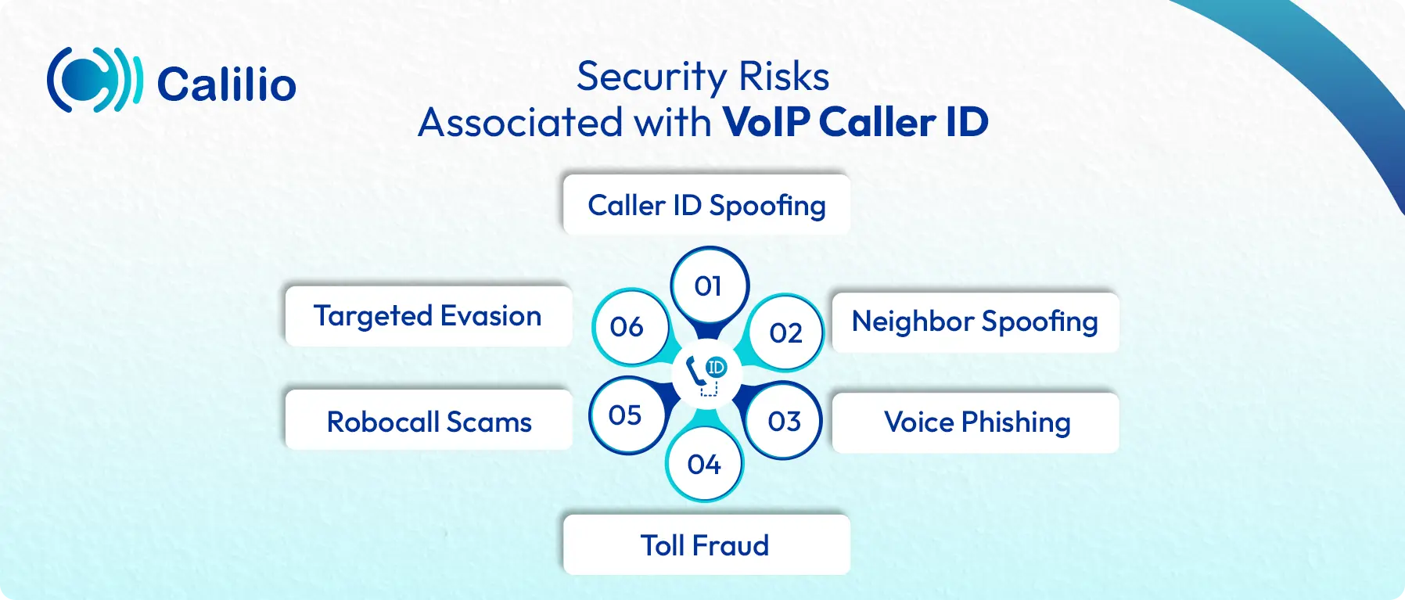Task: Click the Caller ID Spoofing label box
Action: [x=706, y=205]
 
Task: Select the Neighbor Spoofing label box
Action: [x=976, y=322]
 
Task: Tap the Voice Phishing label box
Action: [x=976, y=422]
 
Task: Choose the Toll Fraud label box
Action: [x=706, y=544]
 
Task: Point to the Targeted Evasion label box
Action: [x=429, y=316]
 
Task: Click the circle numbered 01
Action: [x=709, y=286]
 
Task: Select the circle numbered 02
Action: [x=785, y=332]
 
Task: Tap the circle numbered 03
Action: [x=784, y=421]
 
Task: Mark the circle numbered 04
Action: [x=704, y=464]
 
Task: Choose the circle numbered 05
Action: [x=626, y=415]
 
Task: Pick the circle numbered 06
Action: [x=629, y=326]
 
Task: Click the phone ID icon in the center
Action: [x=707, y=375]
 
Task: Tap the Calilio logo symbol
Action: [x=95, y=80]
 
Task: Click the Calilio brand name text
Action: [x=227, y=84]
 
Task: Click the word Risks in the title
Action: [x=784, y=76]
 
